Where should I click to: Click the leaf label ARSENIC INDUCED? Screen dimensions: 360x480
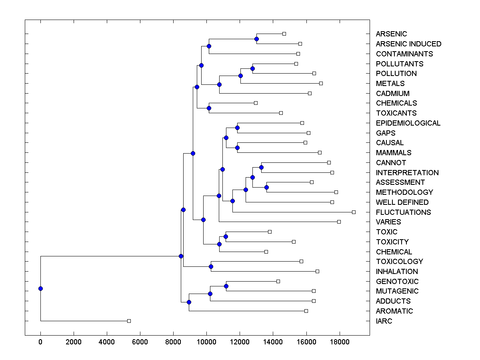(x=408, y=44)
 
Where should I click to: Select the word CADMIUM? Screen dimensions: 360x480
(x=392, y=94)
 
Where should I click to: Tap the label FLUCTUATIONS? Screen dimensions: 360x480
(x=403, y=212)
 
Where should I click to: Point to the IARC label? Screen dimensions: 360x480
(x=384, y=321)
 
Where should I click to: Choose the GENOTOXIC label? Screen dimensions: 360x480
(x=397, y=282)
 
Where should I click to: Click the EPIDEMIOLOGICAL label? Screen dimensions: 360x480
(x=408, y=123)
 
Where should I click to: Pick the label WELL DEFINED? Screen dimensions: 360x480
(x=402, y=202)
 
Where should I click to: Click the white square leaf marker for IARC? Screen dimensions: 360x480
(x=129, y=321)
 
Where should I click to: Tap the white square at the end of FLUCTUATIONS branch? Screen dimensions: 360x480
(x=354, y=212)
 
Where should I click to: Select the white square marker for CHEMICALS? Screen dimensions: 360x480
(x=256, y=103)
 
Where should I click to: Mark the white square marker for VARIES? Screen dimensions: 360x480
(x=339, y=222)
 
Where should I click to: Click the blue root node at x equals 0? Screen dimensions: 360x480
(x=40, y=288)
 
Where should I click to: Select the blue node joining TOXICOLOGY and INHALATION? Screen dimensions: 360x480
(x=211, y=266)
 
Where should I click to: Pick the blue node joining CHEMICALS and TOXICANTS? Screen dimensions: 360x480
(x=209, y=108)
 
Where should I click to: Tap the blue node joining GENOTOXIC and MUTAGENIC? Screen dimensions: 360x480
(x=226, y=286)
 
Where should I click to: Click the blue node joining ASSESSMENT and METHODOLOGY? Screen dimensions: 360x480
(x=266, y=187)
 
